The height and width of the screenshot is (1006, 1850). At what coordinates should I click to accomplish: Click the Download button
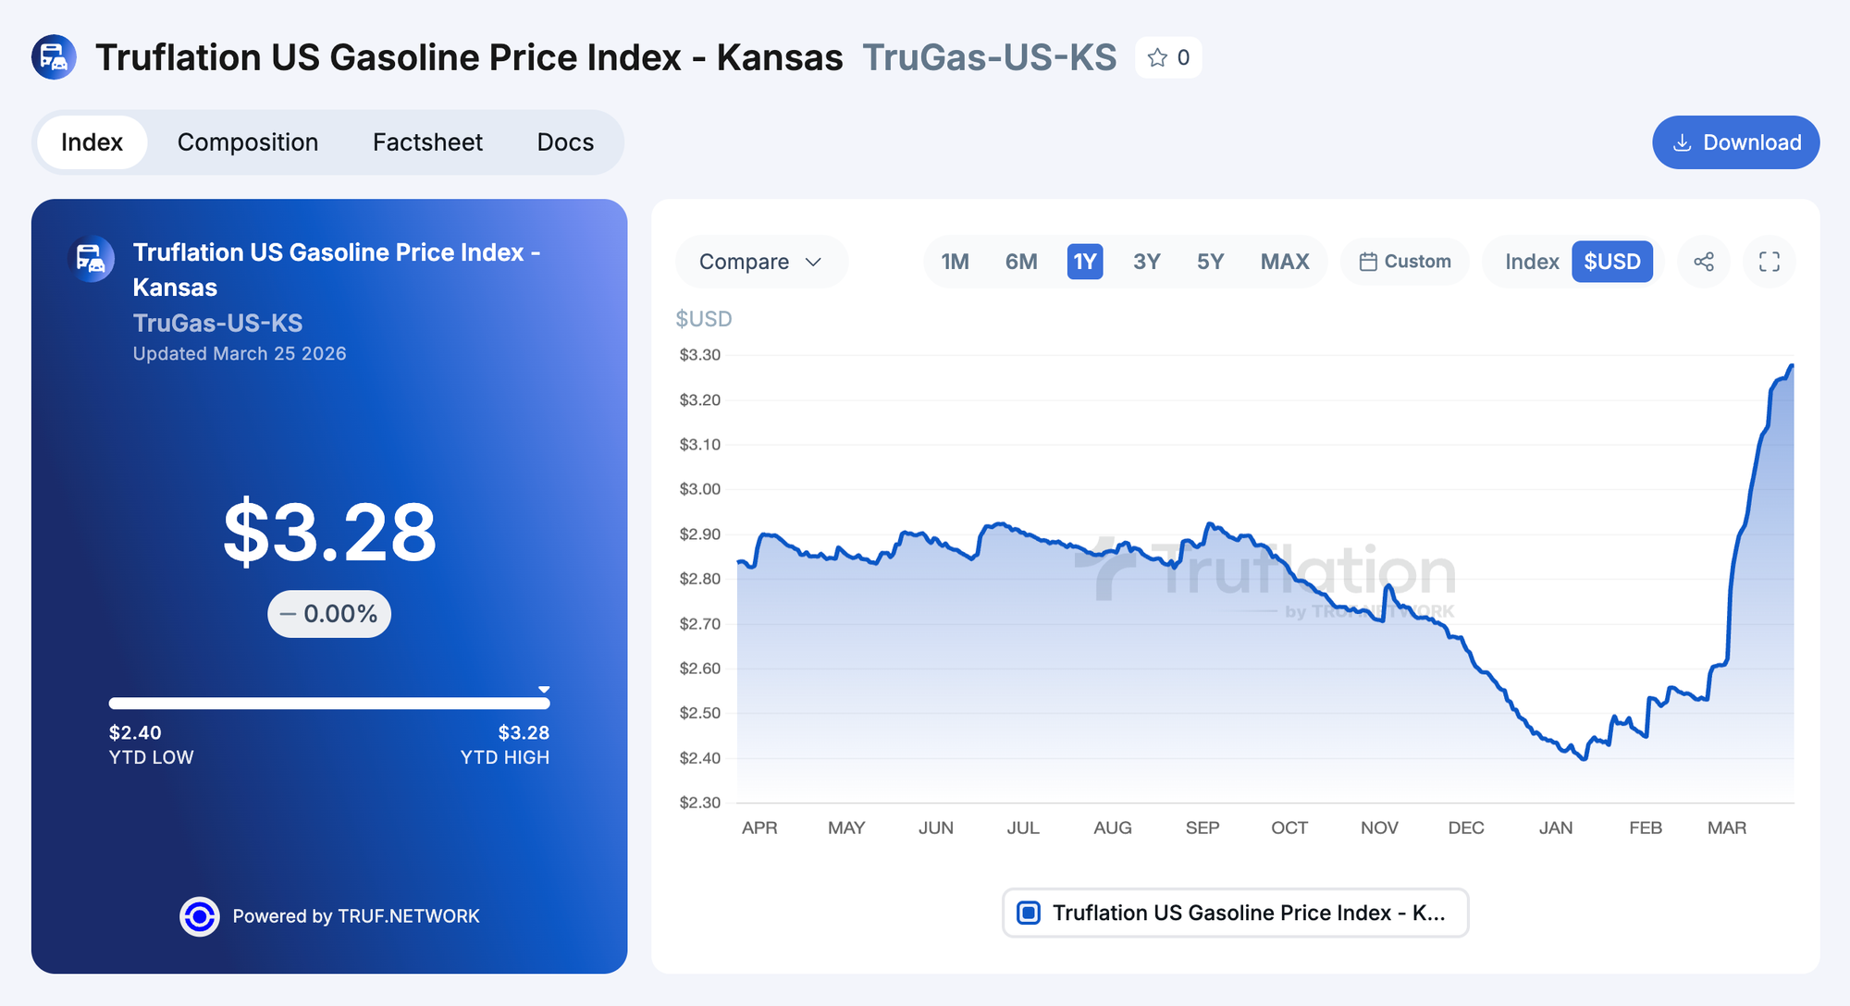[x=1735, y=142]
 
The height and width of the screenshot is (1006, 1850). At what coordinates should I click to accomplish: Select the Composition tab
[x=248, y=142]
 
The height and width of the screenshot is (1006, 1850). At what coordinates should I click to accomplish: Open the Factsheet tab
[x=427, y=142]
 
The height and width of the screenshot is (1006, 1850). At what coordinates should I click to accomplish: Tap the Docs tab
[x=565, y=142]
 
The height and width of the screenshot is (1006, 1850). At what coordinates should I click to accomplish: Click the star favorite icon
[x=1157, y=58]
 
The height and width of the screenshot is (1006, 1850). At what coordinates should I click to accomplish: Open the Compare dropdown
[x=760, y=262]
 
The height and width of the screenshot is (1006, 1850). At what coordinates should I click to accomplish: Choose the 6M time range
[x=1021, y=262]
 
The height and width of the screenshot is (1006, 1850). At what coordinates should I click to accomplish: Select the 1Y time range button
[x=1084, y=262]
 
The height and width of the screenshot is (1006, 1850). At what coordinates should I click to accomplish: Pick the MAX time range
[x=1284, y=262]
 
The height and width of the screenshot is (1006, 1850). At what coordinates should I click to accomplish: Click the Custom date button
[x=1405, y=262]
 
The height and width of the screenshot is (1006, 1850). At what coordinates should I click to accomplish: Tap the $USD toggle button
[x=1611, y=262]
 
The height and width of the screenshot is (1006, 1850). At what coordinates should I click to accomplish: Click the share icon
[x=1704, y=262]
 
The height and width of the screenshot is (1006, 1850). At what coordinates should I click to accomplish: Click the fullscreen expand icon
[x=1769, y=262]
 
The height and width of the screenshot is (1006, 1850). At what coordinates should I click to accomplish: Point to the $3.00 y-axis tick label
[x=700, y=489]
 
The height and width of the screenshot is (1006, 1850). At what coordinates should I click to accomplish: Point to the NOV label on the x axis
[x=1379, y=828]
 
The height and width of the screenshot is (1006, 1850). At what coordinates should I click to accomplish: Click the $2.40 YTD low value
[x=135, y=732]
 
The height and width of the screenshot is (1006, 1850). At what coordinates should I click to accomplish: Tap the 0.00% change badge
[x=329, y=614]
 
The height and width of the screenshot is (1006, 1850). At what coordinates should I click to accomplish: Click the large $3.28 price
[x=329, y=533]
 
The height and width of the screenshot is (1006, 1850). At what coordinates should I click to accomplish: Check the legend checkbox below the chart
[x=1029, y=913]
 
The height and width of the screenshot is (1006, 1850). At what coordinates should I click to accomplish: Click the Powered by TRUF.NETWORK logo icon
[x=200, y=916]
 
